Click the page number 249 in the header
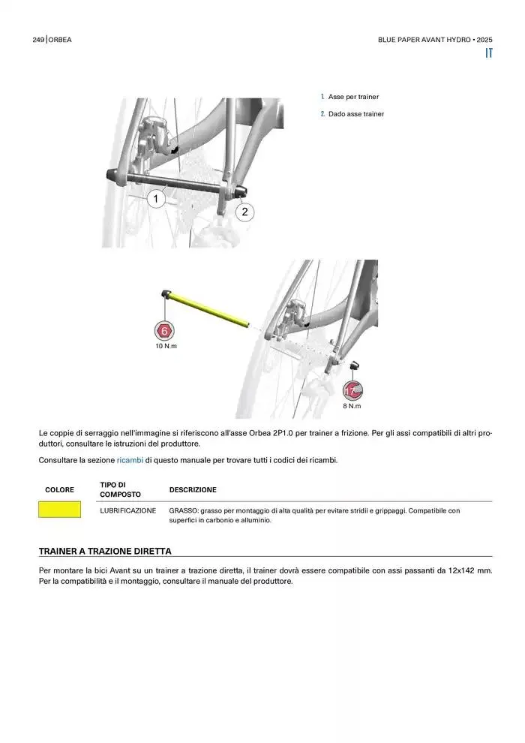38,40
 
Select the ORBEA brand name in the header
61,40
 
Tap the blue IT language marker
488,54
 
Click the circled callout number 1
156,199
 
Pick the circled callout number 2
244,212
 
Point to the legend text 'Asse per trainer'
353,97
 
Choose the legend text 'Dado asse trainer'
356,114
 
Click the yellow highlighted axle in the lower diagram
210,308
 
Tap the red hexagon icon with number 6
165,330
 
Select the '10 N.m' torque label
166,346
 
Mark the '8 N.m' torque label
352,406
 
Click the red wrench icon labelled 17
352,390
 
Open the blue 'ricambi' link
130,460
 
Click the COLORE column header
60,490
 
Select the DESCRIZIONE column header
193,490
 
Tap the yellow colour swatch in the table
60,510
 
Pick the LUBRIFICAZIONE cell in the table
128,510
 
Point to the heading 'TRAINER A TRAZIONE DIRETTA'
105,551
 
